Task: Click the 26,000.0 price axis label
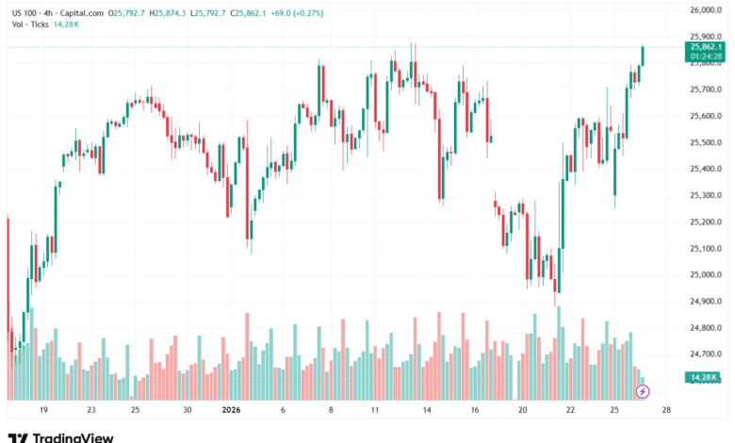point(703,10)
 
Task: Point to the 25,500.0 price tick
point(703,142)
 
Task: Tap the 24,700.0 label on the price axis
point(703,353)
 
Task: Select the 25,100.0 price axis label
point(703,248)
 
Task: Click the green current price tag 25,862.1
point(706,46)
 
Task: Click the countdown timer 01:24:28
point(706,56)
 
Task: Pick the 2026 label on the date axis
point(231,411)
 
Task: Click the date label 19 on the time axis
point(43,411)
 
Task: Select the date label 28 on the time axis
point(666,411)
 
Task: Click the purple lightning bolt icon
point(643,390)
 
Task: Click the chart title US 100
point(23,12)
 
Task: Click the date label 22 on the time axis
point(571,411)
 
